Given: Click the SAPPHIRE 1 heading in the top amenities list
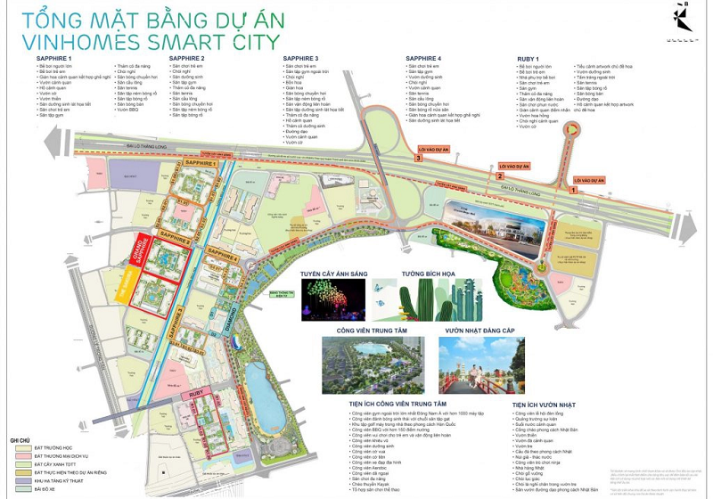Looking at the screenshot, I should (44, 58).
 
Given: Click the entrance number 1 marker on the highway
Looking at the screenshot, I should (571, 189).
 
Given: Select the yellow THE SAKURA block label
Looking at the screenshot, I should (121, 283).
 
